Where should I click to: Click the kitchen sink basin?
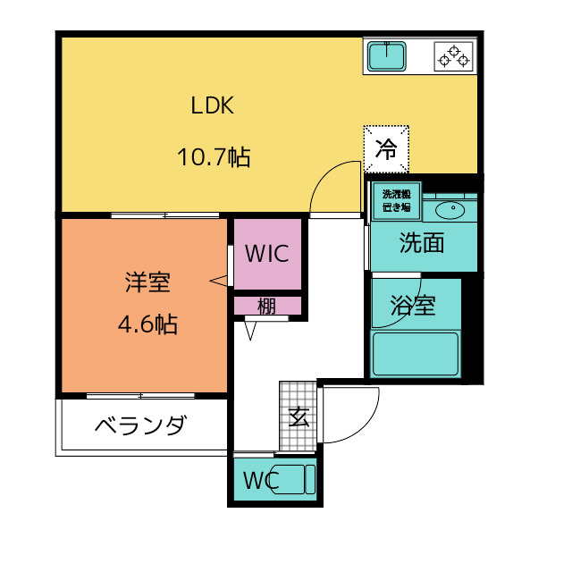pos(387,56)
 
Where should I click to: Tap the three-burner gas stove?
pos(453,56)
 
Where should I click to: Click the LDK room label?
pos(213,105)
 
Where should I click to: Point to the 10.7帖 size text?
pos(214,157)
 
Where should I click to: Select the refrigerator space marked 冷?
pos(386,149)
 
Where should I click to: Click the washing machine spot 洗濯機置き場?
pos(397,201)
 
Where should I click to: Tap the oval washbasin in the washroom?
pos(450,211)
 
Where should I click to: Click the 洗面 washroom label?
pos(422,242)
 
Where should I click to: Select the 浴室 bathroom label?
pos(413,305)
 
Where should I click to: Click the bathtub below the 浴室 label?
pos(415,354)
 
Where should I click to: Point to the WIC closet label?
pos(267,254)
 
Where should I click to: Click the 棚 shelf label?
pos(266,306)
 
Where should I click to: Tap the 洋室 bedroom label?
pos(147,282)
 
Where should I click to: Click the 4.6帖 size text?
pos(147,324)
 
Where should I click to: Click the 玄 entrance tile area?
pos(298,416)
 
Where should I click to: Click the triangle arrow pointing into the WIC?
pos(218,281)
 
